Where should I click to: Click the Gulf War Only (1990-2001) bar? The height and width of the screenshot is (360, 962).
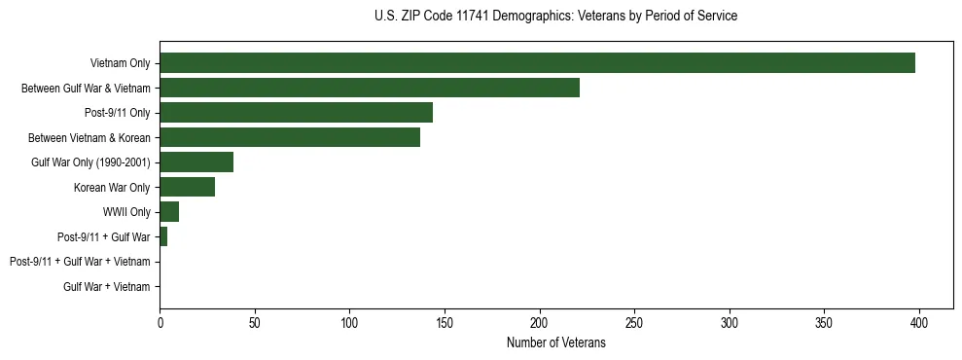tap(196, 162)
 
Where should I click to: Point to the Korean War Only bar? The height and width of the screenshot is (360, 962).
tap(187, 187)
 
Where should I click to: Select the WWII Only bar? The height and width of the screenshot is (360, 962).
tap(169, 212)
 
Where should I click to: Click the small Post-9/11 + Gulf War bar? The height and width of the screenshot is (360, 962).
tap(163, 236)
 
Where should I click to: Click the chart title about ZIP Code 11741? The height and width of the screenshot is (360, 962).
tap(555, 17)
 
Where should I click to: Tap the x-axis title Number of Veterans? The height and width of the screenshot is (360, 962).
tap(555, 342)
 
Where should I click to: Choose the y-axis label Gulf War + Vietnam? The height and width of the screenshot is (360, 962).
tap(107, 286)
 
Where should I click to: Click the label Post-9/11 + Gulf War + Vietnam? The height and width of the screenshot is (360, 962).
tap(80, 262)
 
